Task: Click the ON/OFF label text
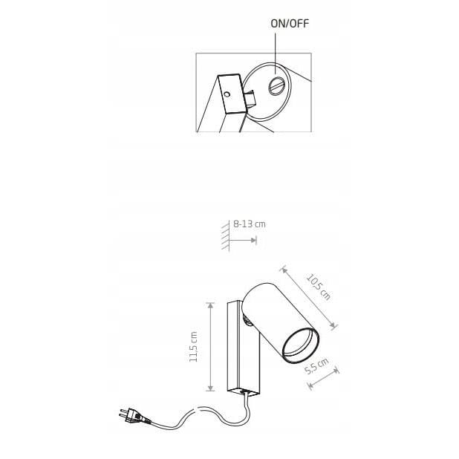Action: click(x=290, y=24)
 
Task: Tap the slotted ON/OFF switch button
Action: click(x=276, y=85)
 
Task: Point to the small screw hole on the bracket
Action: click(x=227, y=94)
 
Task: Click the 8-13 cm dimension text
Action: click(x=250, y=224)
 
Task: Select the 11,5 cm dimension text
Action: click(x=194, y=347)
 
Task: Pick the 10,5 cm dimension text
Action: click(x=319, y=287)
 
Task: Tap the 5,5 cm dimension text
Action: click(x=316, y=366)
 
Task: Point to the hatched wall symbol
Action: click(x=225, y=235)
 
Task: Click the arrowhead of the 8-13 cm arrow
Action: click(x=253, y=241)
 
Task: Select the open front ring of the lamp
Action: click(x=300, y=345)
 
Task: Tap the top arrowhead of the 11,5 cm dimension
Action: click(x=210, y=305)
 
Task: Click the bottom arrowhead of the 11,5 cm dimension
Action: click(x=210, y=388)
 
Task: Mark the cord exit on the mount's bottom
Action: click(x=244, y=391)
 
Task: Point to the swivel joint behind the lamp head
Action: click(x=247, y=320)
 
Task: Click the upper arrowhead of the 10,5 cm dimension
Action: click(x=284, y=270)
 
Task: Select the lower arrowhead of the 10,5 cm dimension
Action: click(x=333, y=325)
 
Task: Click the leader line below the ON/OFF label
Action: click(x=275, y=53)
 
